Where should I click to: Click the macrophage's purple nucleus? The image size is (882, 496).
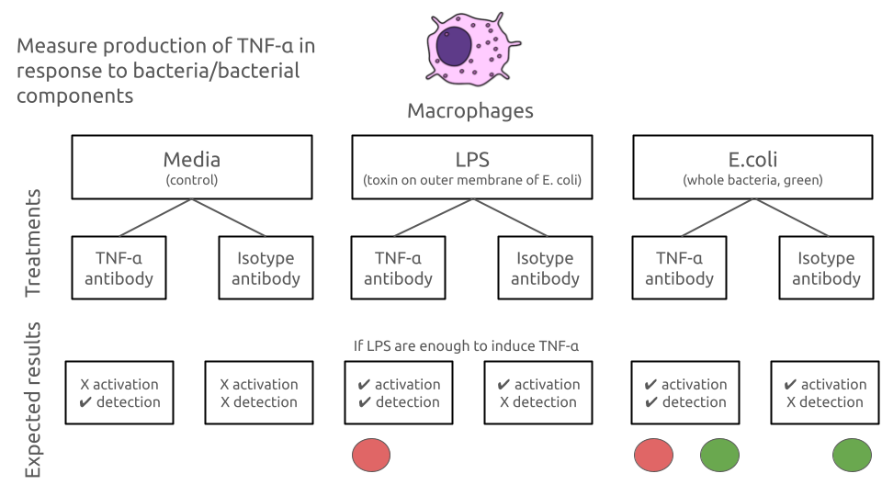coord(454,44)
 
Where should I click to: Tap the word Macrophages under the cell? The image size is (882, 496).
coord(469,111)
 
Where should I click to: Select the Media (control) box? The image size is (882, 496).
coord(191,167)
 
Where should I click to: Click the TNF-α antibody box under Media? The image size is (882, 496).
coord(119,267)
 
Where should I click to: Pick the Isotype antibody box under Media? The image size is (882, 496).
coord(265,267)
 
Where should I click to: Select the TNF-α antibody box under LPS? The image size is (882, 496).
coord(398,267)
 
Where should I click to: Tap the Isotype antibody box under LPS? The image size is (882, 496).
coord(545,267)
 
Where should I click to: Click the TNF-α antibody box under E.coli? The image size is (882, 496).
coord(679,267)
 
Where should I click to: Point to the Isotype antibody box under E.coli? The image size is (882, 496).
coord(826,267)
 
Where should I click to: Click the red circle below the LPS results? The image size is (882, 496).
coord(371,455)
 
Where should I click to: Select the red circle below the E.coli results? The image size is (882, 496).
coord(653,455)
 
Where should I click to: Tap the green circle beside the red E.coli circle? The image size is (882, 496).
coord(719,455)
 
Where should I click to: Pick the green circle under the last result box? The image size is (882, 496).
coord(852,455)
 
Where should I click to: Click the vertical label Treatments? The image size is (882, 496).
coord(33,243)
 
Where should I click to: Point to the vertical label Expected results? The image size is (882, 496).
coord(33,400)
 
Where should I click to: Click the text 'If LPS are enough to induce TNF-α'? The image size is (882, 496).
coord(466,346)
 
